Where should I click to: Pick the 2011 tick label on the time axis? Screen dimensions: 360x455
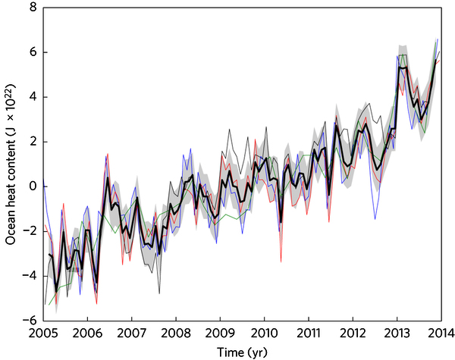click(309, 333)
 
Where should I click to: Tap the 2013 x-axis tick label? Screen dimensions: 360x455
click(397, 333)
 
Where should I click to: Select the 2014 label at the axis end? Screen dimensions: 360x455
click(441, 333)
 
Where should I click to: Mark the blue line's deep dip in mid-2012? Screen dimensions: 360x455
click(375, 218)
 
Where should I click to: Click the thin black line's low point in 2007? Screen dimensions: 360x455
click(159, 293)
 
